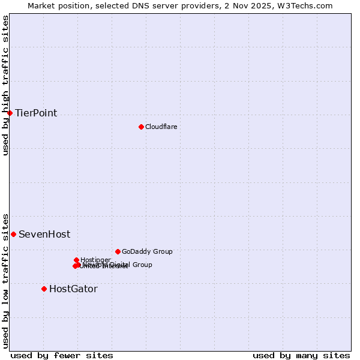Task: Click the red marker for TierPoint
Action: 10,113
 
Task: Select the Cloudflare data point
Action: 141,127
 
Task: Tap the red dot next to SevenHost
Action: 13,234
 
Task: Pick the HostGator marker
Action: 44,289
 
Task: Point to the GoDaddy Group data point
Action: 118,251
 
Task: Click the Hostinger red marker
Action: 76,260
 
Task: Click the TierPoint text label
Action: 36,113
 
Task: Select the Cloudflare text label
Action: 161,127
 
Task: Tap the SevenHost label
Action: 44,234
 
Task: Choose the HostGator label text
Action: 73,289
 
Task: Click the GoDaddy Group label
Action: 147,251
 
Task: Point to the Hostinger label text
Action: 95,260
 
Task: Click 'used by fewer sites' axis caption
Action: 62,355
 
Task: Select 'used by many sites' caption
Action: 301,355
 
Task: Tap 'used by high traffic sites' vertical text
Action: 5,85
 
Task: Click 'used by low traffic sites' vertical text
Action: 5,280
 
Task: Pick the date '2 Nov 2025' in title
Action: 257,5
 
